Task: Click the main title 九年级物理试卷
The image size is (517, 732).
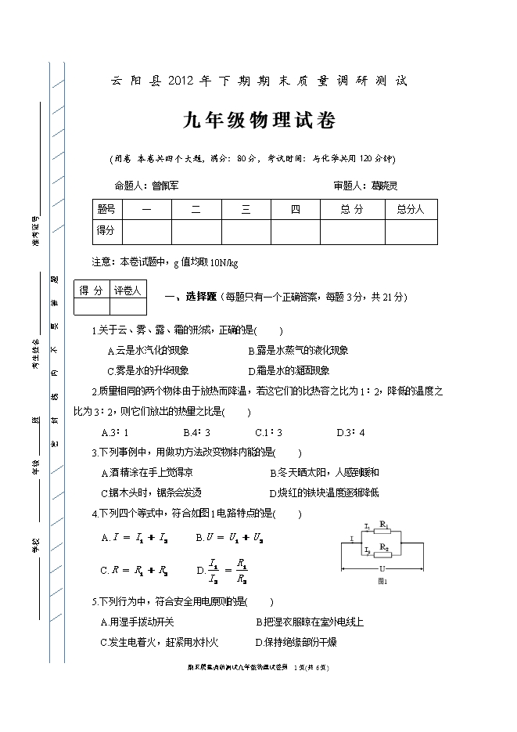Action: point(259,121)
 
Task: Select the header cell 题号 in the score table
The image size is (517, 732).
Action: point(106,210)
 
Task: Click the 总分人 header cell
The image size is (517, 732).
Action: point(409,210)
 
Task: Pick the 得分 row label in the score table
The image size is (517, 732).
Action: point(106,231)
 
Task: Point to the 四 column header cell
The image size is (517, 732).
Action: point(295,210)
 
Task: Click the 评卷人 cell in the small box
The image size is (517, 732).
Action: point(127,290)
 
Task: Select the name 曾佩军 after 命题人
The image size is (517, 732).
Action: point(165,186)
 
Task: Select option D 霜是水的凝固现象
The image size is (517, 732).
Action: point(289,371)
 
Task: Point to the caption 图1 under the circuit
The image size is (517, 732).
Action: point(382,582)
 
